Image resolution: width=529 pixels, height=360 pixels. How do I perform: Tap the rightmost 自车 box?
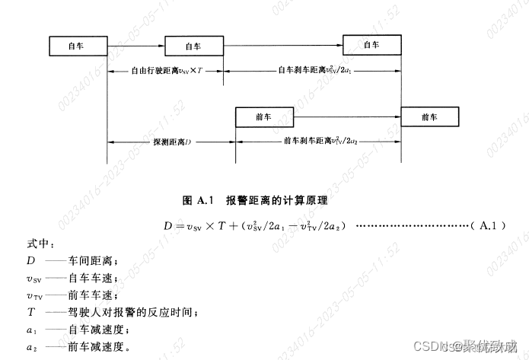click(371, 45)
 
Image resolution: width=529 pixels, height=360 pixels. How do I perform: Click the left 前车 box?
click(263, 118)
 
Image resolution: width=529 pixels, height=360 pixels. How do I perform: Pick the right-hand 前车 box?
click(429, 117)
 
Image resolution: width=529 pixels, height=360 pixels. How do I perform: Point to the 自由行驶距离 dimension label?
click(166, 70)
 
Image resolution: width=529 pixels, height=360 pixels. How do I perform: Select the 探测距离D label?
click(170, 142)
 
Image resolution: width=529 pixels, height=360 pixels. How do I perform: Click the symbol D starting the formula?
click(170, 226)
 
